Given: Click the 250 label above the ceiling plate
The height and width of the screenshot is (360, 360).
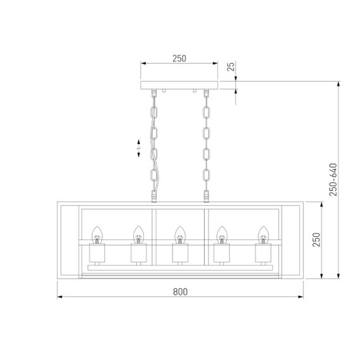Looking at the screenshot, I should click(179, 58).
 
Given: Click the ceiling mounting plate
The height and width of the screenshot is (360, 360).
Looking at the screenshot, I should click(179, 85).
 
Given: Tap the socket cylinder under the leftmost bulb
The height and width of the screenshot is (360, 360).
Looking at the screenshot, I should click(98, 254).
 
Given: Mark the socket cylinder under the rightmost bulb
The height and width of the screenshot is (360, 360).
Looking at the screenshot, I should click(262, 254).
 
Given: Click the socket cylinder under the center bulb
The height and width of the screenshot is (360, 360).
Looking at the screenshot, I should click(180, 254).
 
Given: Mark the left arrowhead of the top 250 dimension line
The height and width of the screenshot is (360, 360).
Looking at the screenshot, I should click(143, 64).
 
